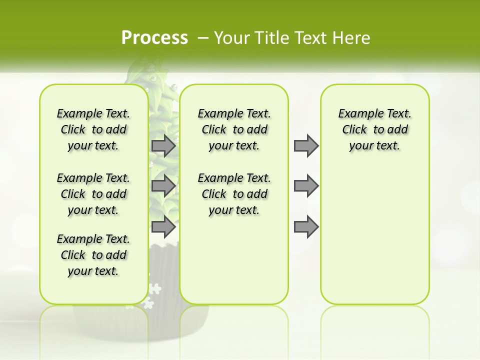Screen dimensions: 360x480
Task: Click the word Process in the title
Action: [154, 37]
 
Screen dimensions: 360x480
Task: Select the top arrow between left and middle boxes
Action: [163, 145]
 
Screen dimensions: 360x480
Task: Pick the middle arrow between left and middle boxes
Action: [163, 186]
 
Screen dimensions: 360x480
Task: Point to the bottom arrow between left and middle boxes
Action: [163, 226]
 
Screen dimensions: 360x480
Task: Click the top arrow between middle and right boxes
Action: [306, 145]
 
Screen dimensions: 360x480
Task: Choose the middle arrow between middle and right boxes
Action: [306, 186]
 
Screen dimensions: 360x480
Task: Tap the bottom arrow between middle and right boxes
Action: [306, 226]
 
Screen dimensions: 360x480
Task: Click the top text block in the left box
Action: [93, 129]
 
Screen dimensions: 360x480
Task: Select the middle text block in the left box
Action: [93, 194]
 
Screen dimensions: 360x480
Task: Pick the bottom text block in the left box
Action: [93, 255]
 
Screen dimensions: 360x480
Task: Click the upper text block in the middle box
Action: [234, 129]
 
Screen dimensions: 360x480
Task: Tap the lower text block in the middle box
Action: [234, 194]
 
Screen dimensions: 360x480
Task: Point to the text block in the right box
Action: [375, 129]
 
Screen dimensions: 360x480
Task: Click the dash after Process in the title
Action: [203, 37]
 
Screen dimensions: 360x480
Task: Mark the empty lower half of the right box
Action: [375, 235]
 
